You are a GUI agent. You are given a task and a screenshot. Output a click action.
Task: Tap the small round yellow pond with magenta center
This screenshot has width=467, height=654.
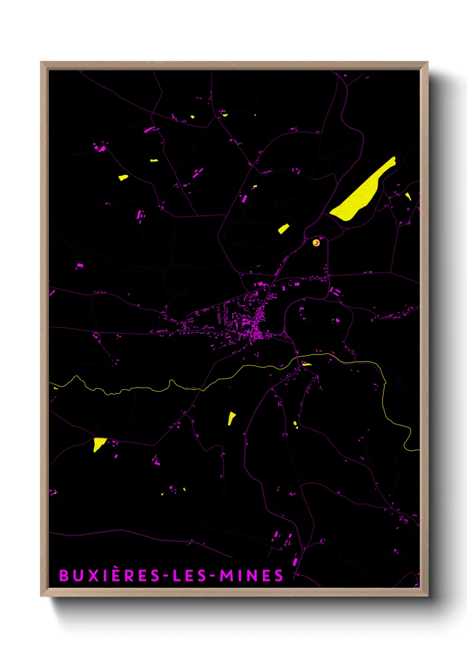(316, 243)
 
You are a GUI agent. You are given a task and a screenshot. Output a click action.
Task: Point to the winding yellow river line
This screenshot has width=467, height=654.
(132, 389)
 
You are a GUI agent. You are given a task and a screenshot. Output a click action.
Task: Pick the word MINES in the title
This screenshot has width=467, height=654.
(252, 575)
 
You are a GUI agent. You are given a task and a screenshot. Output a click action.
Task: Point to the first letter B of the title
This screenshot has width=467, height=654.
(64, 575)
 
